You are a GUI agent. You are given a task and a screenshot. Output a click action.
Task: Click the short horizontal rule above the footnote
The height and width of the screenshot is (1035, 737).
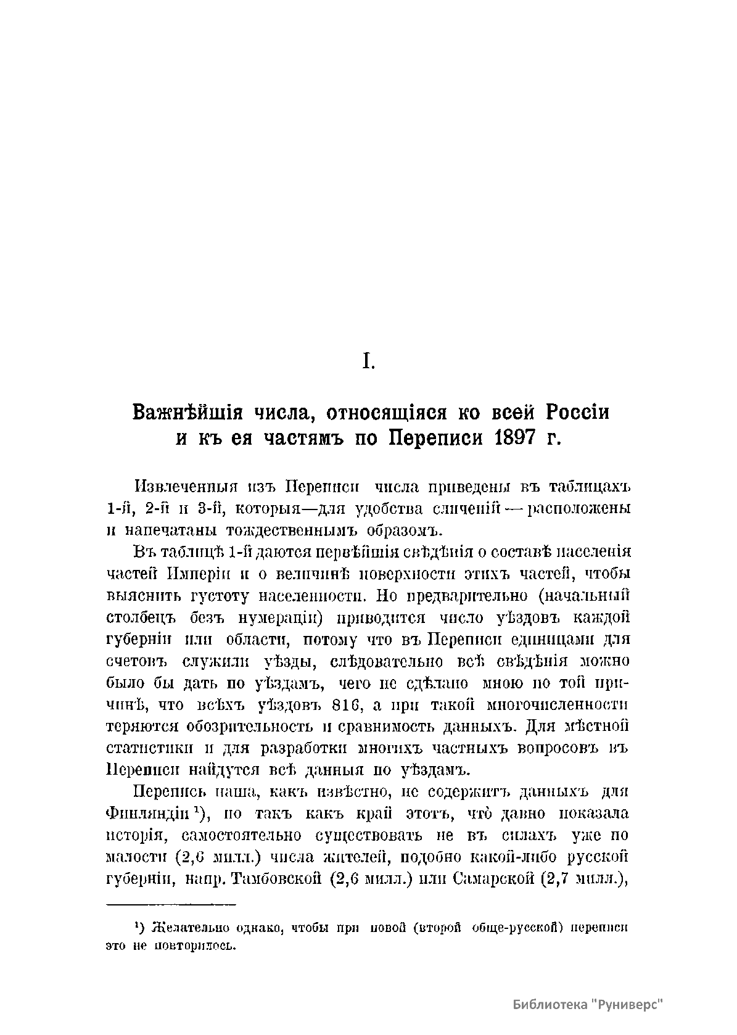coord(171,904)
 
